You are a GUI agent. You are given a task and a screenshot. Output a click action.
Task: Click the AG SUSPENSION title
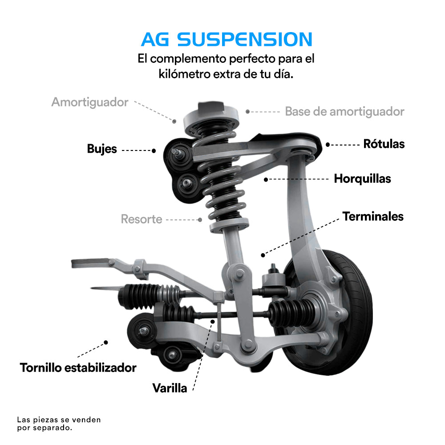click(227, 39)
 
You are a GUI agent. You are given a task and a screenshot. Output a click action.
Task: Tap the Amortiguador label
click(90, 102)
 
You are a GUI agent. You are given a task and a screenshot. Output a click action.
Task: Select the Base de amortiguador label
click(344, 112)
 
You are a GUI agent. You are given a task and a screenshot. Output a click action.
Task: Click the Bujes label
click(102, 149)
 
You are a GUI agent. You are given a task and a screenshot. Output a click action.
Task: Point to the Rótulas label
click(384, 144)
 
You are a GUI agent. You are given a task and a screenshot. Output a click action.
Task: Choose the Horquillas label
click(362, 179)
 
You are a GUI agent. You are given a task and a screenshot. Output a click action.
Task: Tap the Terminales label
click(373, 217)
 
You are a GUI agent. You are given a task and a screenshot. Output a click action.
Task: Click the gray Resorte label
click(142, 219)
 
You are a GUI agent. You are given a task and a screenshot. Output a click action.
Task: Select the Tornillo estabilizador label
click(78, 368)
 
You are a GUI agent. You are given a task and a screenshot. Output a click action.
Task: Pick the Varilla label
click(170, 388)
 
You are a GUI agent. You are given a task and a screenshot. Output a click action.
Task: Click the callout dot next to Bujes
click(154, 151)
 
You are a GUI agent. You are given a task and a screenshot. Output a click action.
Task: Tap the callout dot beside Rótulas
click(328, 145)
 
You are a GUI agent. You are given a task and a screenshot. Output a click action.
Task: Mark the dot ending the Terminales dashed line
click(263, 255)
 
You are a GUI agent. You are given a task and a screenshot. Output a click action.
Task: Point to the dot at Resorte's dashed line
click(200, 220)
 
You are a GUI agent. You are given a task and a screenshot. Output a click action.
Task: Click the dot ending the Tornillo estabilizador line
click(106, 342)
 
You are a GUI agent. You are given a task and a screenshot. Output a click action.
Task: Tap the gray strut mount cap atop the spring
click(211, 119)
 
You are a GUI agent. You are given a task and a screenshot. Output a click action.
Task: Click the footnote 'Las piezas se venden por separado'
click(59, 424)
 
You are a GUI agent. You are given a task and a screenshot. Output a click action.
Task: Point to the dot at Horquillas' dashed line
click(266, 179)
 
